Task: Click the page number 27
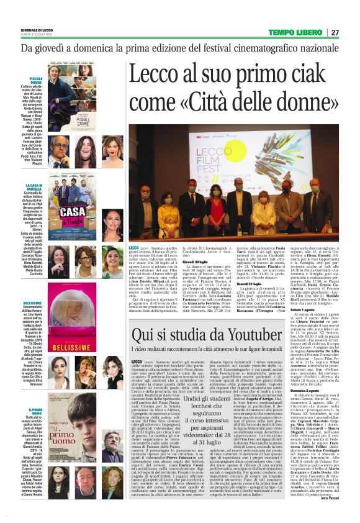(x=335, y=32)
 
